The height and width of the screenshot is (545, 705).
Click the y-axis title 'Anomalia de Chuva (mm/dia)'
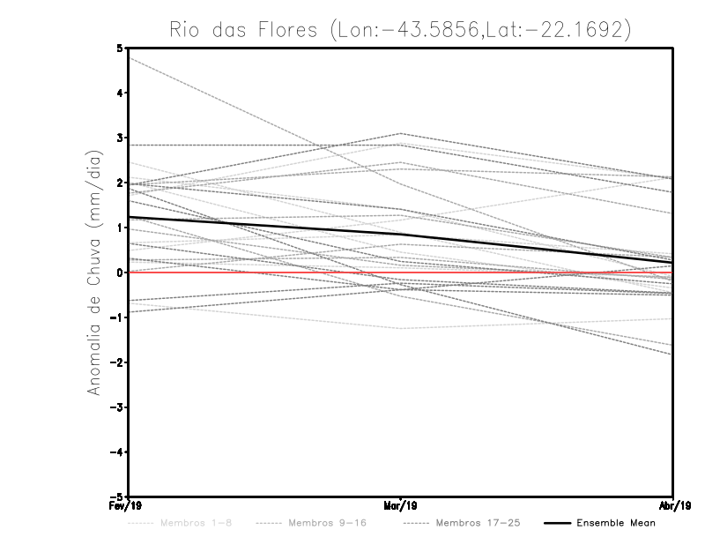pos(93,272)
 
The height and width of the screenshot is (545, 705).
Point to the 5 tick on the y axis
pos(120,48)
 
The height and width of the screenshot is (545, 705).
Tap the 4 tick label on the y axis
pos(120,93)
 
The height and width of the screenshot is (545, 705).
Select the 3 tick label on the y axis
pos(120,138)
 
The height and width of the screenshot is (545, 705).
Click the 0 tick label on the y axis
pos(120,272)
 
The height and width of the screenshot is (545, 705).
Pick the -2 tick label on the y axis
pos(117,362)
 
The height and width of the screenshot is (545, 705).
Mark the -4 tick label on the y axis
pos(117,452)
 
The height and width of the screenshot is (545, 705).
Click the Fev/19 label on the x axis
pos(128,506)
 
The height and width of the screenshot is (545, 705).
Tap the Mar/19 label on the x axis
pos(401,506)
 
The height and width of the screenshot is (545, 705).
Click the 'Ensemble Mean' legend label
pos(616,523)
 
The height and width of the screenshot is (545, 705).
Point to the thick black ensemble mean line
pos(264,227)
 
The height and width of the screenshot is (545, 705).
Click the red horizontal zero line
pos(264,272)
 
